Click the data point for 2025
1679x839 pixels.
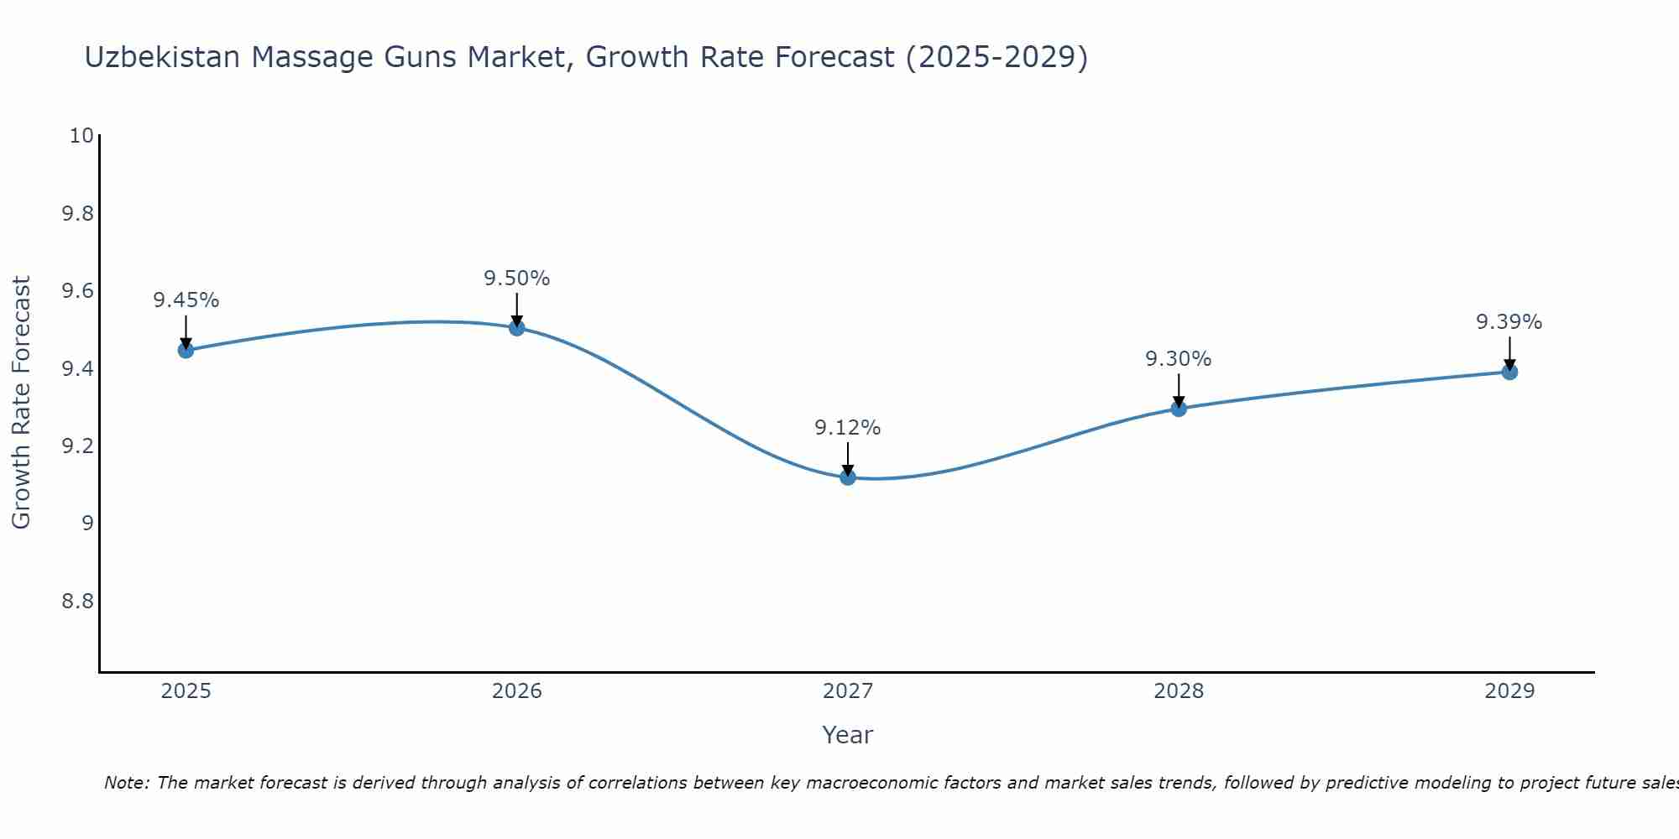[x=186, y=350]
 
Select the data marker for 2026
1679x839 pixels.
[x=517, y=327]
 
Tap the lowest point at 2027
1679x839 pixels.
[x=848, y=477]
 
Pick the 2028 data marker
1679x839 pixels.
[x=1179, y=409]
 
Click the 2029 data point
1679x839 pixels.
[x=1509, y=372]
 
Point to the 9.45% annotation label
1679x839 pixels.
[x=186, y=300]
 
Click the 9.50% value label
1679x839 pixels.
[x=517, y=279]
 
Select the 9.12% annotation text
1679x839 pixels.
[x=848, y=428]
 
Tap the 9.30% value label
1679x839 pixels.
[x=1179, y=359]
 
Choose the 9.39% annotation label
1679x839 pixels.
[x=1509, y=322]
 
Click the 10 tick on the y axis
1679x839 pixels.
[x=81, y=136]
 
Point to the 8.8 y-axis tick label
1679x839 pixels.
[x=78, y=602]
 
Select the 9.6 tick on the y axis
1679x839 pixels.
[x=78, y=291]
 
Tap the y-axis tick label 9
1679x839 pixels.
[x=87, y=524]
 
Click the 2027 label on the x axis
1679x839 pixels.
[x=848, y=691]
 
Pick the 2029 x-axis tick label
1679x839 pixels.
[x=1509, y=691]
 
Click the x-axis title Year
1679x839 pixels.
[x=848, y=735]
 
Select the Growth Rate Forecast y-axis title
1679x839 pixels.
[x=22, y=403]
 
